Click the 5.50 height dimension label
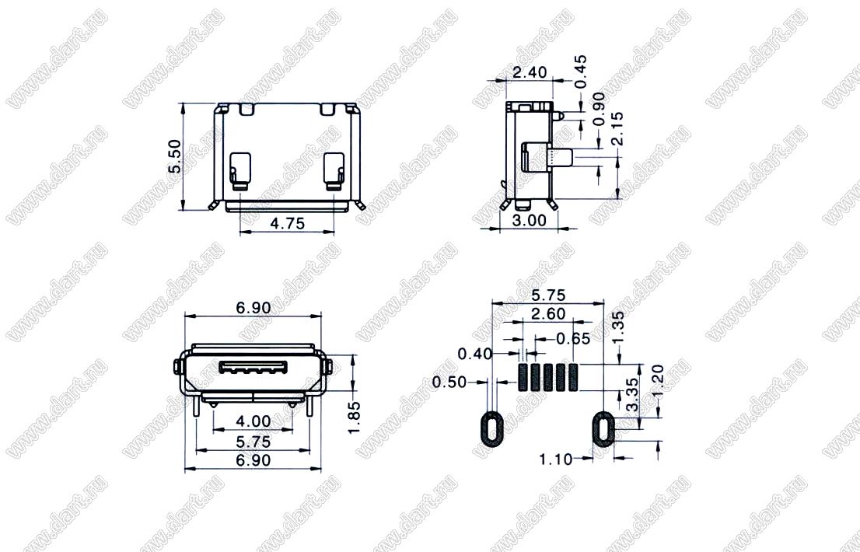174,156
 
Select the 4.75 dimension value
288,223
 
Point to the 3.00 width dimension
530,220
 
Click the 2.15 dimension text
617,128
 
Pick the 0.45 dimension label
581,72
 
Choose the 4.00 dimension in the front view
253,421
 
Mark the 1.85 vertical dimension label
355,417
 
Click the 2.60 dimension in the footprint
548,313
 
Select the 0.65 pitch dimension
573,339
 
